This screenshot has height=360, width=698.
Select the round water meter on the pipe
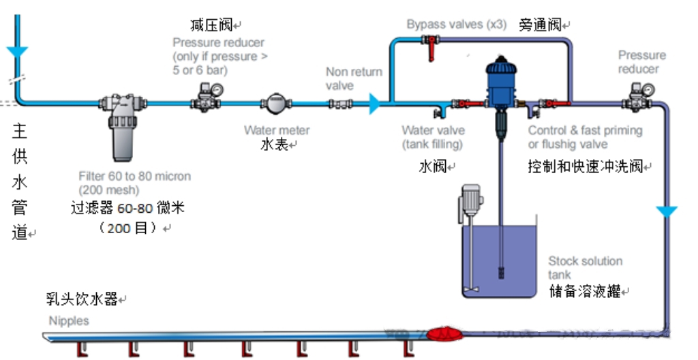276,104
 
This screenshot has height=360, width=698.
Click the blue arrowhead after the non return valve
374,104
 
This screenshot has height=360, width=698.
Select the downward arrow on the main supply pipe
16,52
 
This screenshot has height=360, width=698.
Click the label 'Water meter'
277,130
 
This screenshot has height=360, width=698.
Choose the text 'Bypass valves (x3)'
456,25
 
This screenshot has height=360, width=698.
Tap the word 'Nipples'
68,320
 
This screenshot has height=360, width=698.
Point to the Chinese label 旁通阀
543,25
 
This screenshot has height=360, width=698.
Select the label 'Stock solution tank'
585,267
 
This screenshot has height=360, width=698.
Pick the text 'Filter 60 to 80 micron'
134,176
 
